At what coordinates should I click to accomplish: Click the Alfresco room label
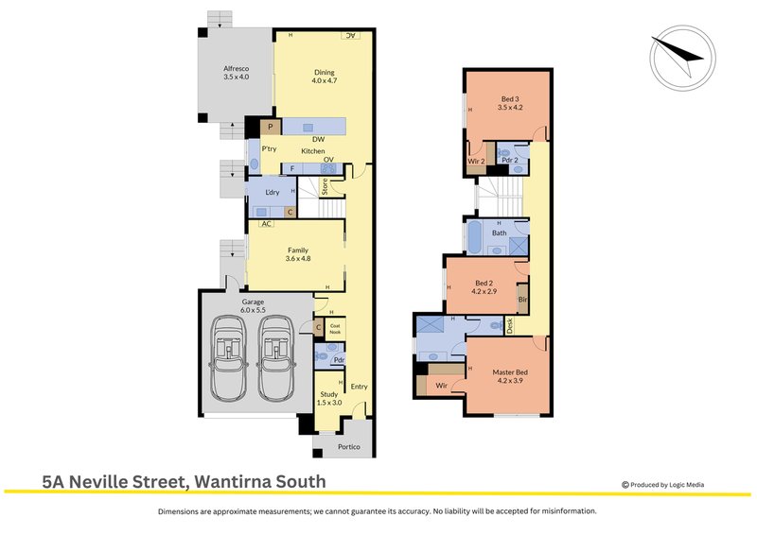[236, 68]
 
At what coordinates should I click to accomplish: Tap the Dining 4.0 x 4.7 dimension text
[325, 80]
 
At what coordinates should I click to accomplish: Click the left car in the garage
[227, 357]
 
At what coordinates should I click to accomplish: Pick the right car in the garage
[276, 357]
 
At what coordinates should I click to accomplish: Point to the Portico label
[348, 447]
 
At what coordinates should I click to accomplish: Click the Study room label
[329, 394]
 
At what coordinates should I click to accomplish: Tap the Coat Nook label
[335, 329]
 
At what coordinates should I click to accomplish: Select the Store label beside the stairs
[325, 186]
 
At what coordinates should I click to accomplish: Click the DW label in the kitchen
[318, 139]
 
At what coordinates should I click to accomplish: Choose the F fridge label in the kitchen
[292, 169]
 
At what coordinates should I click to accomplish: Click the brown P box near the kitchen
[271, 127]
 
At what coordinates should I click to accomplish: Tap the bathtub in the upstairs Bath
[474, 237]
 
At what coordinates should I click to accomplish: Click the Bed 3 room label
[510, 99]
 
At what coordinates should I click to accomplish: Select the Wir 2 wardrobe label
[476, 161]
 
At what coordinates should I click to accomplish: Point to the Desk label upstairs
[509, 325]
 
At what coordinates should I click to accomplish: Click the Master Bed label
[510, 371]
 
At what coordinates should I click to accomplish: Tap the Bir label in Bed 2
[523, 299]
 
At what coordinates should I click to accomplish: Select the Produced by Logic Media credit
[663, 485]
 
